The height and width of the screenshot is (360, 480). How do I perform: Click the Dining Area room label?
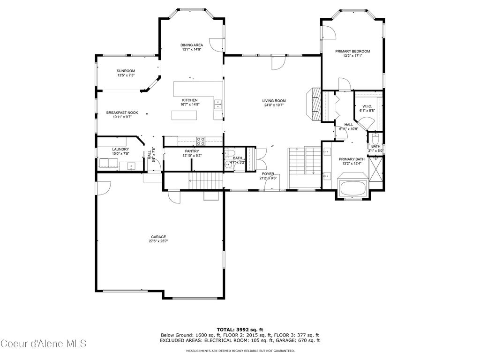coord(192,45)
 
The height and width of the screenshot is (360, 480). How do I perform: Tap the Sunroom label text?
coord(126,71)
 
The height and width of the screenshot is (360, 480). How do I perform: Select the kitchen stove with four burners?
coord(201,139)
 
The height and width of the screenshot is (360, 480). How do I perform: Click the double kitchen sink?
coord(218,104)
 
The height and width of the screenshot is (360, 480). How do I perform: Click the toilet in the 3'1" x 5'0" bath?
coord(375,139)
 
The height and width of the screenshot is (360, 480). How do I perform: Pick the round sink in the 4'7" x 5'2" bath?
coord(228,165)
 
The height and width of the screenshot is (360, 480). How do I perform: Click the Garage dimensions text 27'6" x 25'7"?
coord(158,241)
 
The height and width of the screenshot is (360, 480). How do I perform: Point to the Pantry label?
coord(192,151)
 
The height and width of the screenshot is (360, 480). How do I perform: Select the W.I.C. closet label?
coord(367,106)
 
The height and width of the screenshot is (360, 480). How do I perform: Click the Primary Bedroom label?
coord(352,51)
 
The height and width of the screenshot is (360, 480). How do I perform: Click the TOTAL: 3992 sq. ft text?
coord(240,329)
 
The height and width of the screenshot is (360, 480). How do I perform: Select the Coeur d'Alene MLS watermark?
coord(43,344)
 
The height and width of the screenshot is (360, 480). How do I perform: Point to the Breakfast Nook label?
coord(122,112)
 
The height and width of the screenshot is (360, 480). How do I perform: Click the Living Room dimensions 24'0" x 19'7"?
coord(274,105)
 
